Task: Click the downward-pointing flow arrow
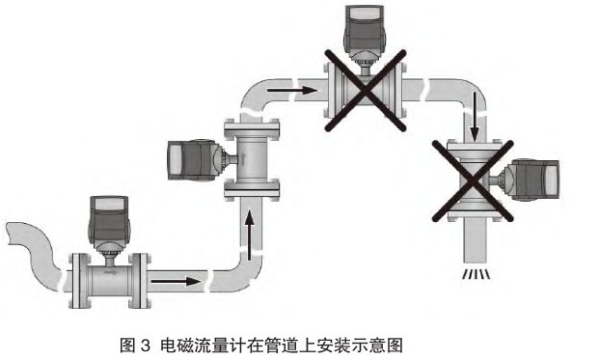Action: tap(474, 116)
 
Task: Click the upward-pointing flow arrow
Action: tap(249, 235)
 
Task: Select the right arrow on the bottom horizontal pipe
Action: tap(176, 282)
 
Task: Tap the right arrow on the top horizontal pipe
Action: tap(292, 91)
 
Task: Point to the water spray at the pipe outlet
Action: tap(476, 274)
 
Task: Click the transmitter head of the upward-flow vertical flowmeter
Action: tap(195, 159)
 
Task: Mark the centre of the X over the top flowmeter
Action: tap(365, 91)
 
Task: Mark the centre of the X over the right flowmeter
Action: tap(473, 180)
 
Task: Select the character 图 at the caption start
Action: tap(127, 346)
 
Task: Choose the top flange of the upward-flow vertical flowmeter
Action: tap(252, 127)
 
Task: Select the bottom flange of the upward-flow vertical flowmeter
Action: tap(252, 191)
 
